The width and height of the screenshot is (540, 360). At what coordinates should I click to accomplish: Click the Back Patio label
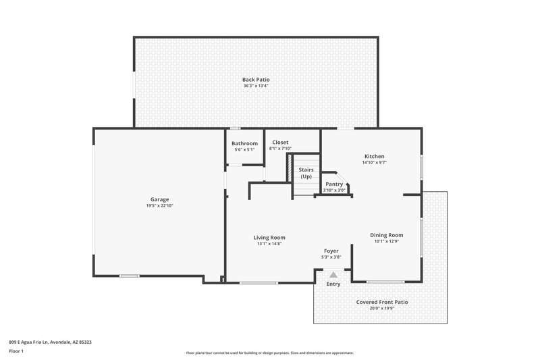coord(256,80)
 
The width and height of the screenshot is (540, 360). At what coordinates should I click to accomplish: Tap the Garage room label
coord(159,199)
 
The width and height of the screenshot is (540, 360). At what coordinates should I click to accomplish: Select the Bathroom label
coord(244,143)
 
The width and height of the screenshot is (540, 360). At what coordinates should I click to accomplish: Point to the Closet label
coord(280,143)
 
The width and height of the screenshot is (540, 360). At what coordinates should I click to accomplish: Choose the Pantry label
coord(334,184)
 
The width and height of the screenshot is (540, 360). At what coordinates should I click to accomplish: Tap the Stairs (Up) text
coord(306,173)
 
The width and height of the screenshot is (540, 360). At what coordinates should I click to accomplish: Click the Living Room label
coord(269,237)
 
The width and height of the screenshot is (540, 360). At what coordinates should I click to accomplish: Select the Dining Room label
coord(386,234)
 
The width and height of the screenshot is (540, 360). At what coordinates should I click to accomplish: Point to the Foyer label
coord(331,251)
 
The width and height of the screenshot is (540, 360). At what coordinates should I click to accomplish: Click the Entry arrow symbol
coord(333,275)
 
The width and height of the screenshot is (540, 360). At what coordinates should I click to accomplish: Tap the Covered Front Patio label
coord(382,302)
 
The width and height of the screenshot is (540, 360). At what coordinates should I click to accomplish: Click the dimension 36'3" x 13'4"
coord(256,86)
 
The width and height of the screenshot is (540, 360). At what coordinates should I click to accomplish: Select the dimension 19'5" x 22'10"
coord(159,205)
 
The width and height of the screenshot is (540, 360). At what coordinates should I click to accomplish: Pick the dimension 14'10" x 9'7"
coord(373,163)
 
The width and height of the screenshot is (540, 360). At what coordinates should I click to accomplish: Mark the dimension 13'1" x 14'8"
coord(269,243)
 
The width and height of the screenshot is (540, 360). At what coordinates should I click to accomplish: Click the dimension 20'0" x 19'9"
coord(382,308)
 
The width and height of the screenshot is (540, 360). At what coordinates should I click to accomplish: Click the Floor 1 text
coord(16,351)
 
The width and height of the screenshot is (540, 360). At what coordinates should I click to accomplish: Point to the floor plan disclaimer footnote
coord(269,353)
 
